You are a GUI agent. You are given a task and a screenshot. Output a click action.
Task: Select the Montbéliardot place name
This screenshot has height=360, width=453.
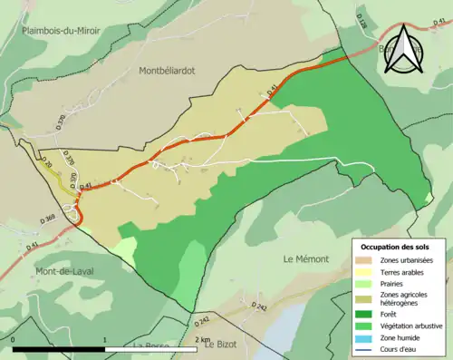tap(169, 70)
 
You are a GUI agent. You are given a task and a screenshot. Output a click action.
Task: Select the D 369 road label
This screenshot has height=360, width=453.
tap(48, 219)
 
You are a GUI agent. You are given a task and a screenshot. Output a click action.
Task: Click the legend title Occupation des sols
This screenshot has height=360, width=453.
tap(400, 247)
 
